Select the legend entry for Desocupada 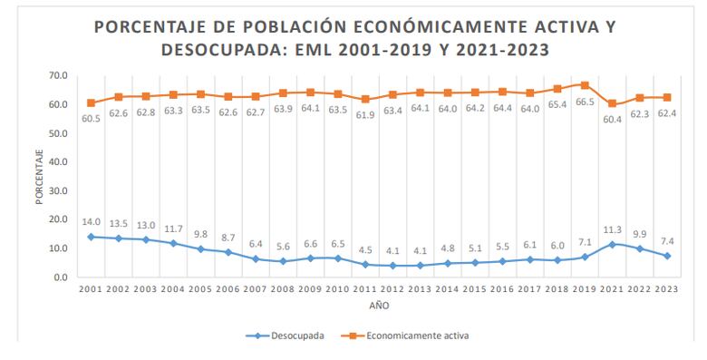[x=286, y=336]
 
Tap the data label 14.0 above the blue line [x=91, y=221]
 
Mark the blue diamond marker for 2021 [x=613, y=244]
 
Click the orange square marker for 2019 [x=585, y=85]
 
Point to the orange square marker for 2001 [x=91, y=102]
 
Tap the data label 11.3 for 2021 [x=613, y=229]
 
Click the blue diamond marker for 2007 [x=256, y=258]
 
